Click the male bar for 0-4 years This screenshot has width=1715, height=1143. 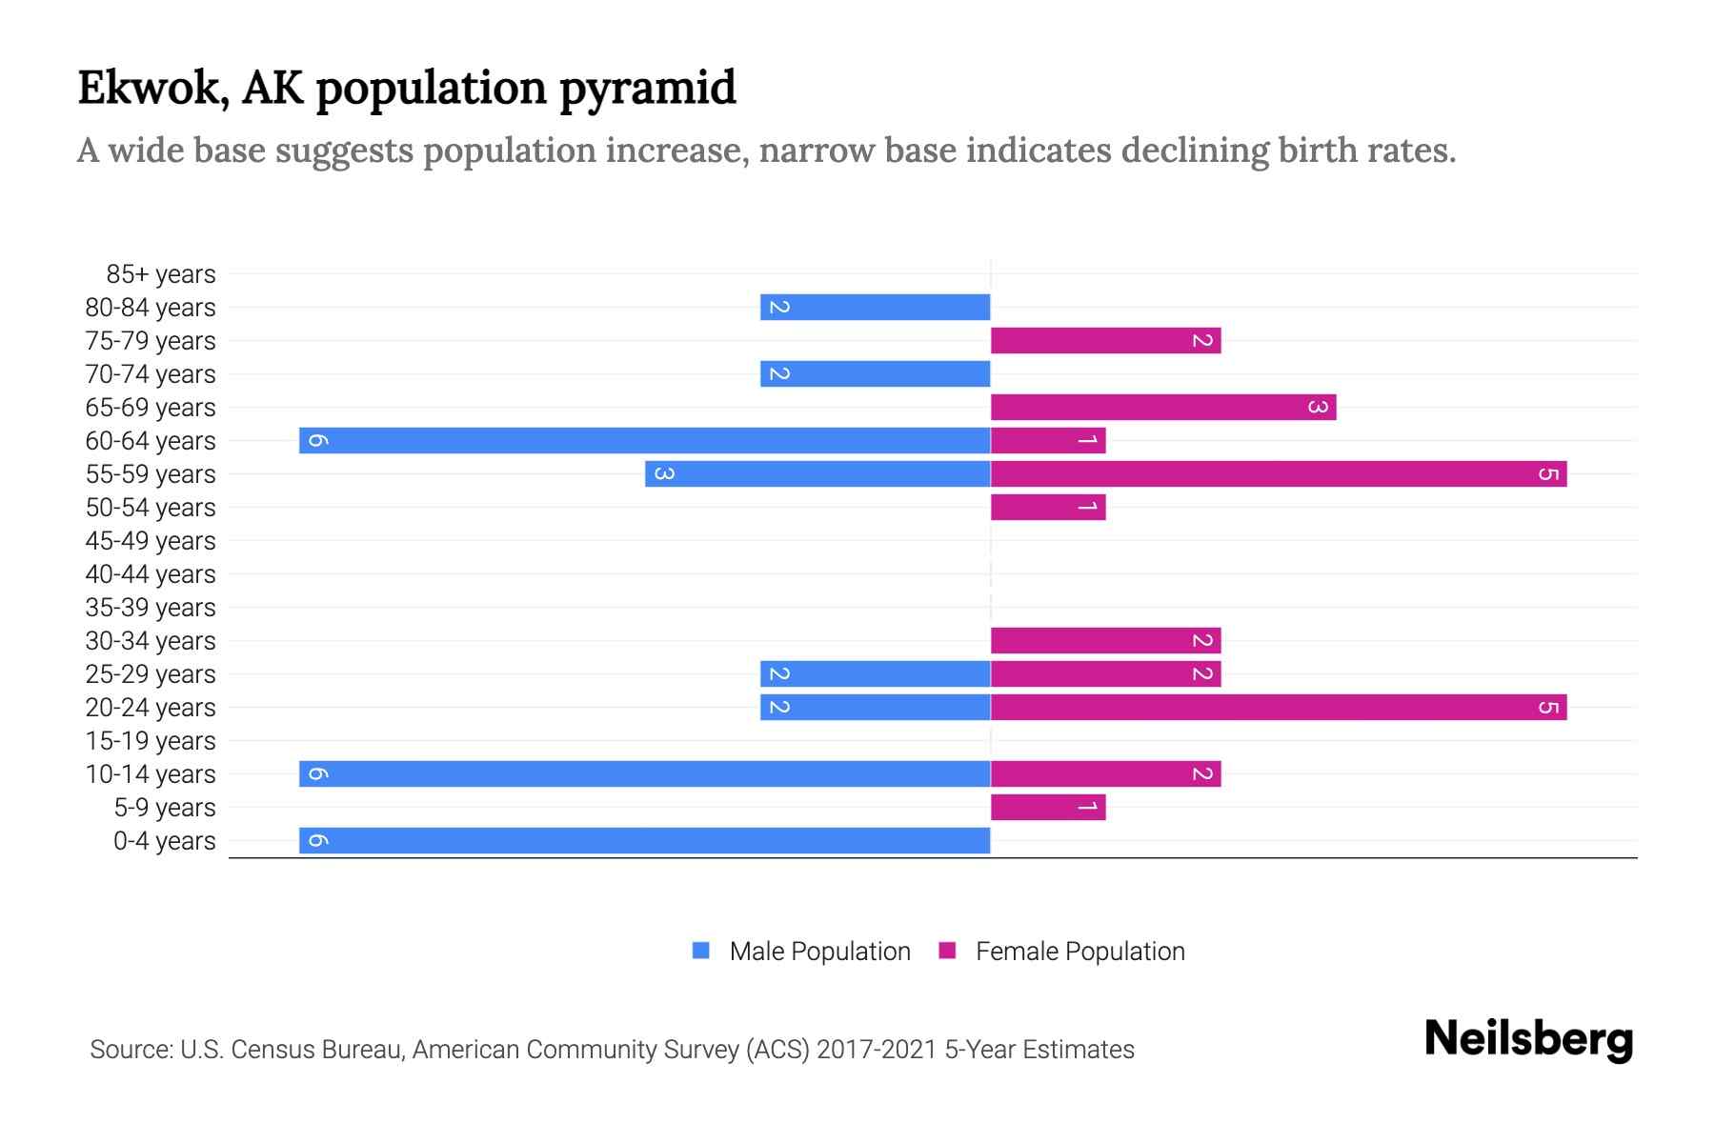pyautogui.click(x=644, y=840)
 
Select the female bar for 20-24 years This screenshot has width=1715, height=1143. pyautogui.click(x=1279, y=707)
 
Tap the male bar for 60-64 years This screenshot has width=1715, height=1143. pyautogui.click(x=644, y=440)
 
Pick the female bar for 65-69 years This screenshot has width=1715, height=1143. pyautogui.click(x=1162, y=407)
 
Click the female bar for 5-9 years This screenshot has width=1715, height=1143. pyautogui.click(x=1048, y=807)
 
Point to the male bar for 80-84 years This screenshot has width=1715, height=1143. pyautogui.click(x=875, y=307)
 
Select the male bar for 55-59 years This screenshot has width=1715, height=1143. pyautogui.click(x=817, y=473)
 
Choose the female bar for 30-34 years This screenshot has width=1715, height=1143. pyautogui.click(x=1105, y=640)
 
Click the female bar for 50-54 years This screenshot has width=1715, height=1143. pyautogui.click(x=1048, y=507)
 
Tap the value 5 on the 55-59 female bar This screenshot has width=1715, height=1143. pyautogui.click(x=1548, y=474)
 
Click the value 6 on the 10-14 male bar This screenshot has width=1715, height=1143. pyautogui.click(x=318, y=773)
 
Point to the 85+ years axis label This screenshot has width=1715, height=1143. pyautogui.click(x=161, y=274)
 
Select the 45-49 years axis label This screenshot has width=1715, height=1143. pyautogui.click(x=151, y=541)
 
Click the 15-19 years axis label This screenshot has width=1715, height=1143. pyautogui.click(x=151, y=741)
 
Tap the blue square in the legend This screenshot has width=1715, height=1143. pyautogui.click(x=701, y=951)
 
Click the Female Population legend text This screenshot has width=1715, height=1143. pyautogui.click(x=1079, y=952)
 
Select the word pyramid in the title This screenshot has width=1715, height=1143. pyautogui.click(x=647, y=89)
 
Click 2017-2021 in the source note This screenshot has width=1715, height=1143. pyautogui.click(x=877, y=1050)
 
